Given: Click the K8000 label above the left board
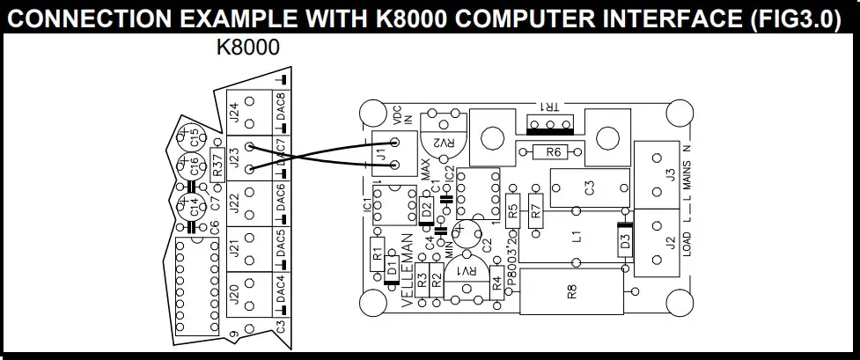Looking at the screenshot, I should tap(248, 48).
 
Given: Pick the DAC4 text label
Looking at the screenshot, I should tap(281, 290).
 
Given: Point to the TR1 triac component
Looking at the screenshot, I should tap(549, 122).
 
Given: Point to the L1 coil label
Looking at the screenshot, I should tap(576, 238).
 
